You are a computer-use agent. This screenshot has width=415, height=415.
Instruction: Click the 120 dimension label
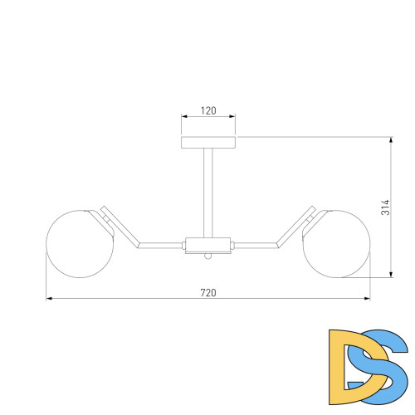click(x=208, y=110)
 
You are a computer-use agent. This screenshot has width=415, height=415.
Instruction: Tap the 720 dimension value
click(x=208, y=292)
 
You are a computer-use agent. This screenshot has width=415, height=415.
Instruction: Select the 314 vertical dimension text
click(x=385, y=207)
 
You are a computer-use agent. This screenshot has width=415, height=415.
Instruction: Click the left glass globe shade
click(x=80, y=244)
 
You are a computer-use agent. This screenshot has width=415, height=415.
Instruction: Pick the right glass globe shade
click(x=336, y=244)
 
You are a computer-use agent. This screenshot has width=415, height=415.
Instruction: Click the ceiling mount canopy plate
click(x=208, y=143)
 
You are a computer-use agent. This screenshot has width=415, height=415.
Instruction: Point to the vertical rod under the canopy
click(x=208, y=193)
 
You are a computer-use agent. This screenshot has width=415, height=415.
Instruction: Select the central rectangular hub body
click(x=208, y=246)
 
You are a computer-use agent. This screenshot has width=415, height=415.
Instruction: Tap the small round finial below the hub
click(x=208, y=256)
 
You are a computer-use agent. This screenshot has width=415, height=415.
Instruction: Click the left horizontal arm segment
click(x=161, y=246)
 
